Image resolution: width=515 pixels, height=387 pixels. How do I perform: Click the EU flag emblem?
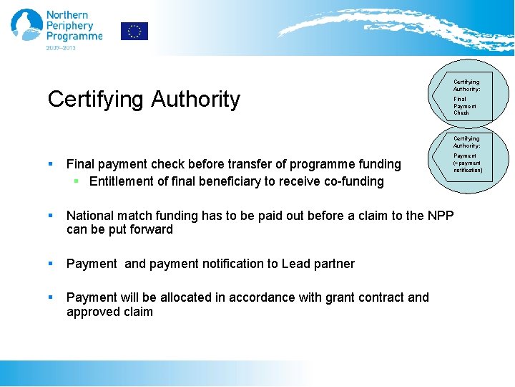134,31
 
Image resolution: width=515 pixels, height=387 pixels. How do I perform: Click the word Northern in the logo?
67,14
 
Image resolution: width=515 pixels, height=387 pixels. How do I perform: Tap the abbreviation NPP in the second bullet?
440,215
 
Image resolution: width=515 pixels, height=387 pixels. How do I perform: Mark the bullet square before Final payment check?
51,165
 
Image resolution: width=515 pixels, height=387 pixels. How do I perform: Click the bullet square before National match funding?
51,215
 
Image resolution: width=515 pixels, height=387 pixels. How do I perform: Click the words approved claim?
109,312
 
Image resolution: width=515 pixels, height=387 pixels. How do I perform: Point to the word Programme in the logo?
74,37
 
